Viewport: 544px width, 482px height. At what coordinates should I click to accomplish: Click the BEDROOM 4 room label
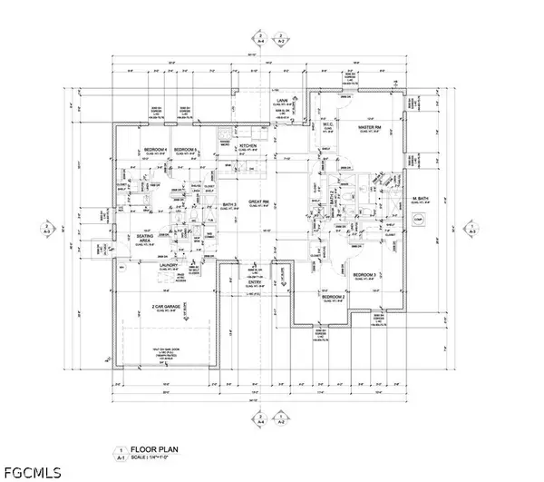156,149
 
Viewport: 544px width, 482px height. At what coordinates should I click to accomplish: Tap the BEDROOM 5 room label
187,149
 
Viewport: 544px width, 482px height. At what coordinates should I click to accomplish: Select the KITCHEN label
248,146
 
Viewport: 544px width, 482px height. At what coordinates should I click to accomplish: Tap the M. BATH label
421,199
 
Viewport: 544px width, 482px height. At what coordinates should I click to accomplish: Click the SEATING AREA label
145,238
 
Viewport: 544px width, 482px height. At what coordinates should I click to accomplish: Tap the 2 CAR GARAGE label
170,309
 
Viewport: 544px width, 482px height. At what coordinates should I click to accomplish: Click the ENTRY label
256,282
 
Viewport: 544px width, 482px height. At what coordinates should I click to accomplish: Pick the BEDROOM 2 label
333,297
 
